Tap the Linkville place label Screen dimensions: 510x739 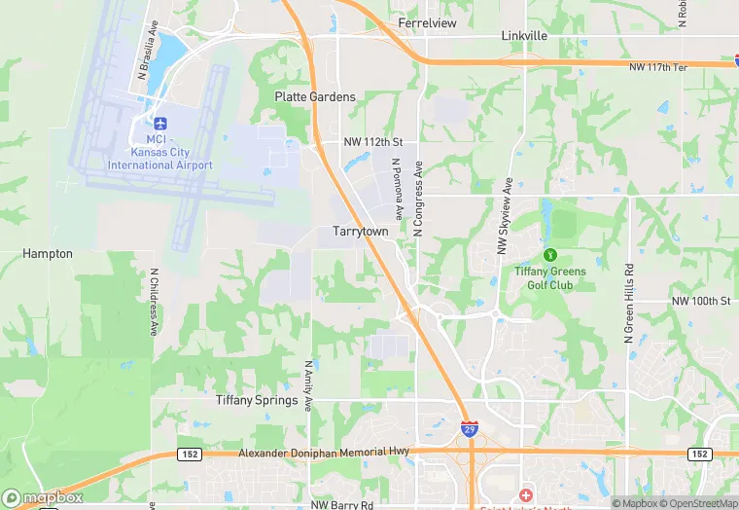[x=524, y=35]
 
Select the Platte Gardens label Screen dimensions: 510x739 [x=315, y=97]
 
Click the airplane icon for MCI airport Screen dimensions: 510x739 [x=160, y=124]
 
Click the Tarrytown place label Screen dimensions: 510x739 [x=361, y=233]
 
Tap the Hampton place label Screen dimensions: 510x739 [x=48, y=254]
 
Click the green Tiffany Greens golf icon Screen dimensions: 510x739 [x=550, y=256]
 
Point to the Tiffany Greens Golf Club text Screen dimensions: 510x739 [x=550, y=278]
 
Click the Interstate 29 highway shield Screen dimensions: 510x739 [x=469, y=427]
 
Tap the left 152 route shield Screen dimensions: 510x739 [x=189, y=454]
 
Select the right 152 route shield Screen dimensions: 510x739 [x=699, y=454]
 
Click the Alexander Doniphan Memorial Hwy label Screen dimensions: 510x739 [x=325, y=453]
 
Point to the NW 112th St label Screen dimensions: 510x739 [x=372, y=142]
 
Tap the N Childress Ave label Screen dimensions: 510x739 [x=153, y=303]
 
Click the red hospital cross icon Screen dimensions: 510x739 [x=526, y=495]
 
